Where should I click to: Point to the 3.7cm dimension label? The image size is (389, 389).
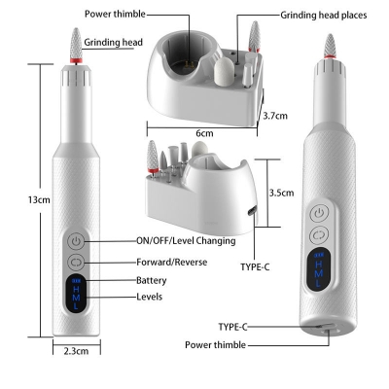click(x=275, y=115)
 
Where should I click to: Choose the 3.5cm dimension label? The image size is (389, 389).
click(x=282, y=193)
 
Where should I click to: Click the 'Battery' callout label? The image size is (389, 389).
click(x=153, y=279)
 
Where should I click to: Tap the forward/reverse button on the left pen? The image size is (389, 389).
click(x=78, y=262)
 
